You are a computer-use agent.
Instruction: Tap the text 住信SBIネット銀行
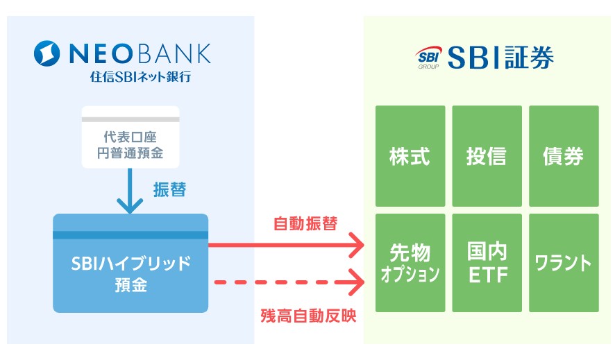point(140,76)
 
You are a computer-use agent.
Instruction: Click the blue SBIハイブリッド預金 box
point(130,264)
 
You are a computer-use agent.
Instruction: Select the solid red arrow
point(287,244)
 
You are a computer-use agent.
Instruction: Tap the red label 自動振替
point(305,224)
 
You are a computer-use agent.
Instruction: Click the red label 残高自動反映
point(308,316)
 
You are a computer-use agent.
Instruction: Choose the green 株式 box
point(410,156)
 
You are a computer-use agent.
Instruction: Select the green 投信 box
point(487,156)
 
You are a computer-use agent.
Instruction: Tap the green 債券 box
point(563,156)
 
